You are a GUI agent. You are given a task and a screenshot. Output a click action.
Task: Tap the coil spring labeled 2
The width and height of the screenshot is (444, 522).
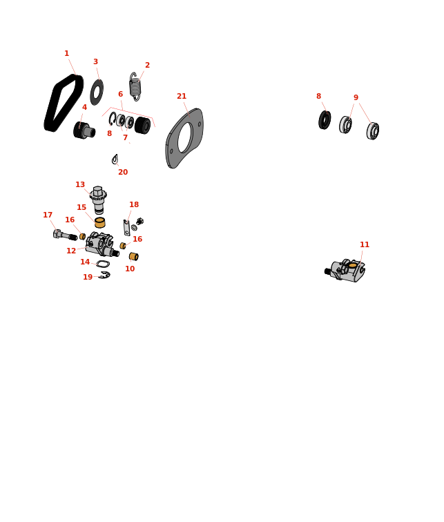tap(135, 86)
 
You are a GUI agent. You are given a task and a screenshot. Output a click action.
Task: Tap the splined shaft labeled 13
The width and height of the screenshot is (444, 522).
tap(98, 199)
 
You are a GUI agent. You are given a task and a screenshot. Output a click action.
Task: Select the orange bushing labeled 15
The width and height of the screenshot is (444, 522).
tap(100, 222)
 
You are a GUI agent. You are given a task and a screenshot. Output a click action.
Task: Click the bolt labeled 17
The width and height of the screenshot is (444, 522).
tap(65, 235)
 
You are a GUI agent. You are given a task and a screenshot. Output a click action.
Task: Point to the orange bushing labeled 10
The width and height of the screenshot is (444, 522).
tap(134, 256)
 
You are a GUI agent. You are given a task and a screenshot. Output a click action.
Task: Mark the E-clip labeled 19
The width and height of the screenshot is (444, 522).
tap(104, 275)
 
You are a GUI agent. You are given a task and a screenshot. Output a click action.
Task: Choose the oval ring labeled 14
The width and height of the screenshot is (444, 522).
tap(103, 264)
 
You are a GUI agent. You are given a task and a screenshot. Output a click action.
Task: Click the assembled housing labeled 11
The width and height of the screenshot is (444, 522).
tap(345, 271)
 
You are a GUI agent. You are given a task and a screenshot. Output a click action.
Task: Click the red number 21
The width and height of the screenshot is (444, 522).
tap(182, 96)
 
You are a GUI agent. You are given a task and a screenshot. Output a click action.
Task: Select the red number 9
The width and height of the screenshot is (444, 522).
tap(356, 97)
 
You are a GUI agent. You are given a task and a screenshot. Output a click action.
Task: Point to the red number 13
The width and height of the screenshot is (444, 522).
tap(80, 184)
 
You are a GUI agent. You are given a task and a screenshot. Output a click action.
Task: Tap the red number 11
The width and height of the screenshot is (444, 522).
tap(365, 244)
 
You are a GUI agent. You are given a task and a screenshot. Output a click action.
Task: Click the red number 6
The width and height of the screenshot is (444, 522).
tap(120, 94)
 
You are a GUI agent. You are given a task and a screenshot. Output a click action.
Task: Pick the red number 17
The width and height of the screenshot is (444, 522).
tap(48, 215)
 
